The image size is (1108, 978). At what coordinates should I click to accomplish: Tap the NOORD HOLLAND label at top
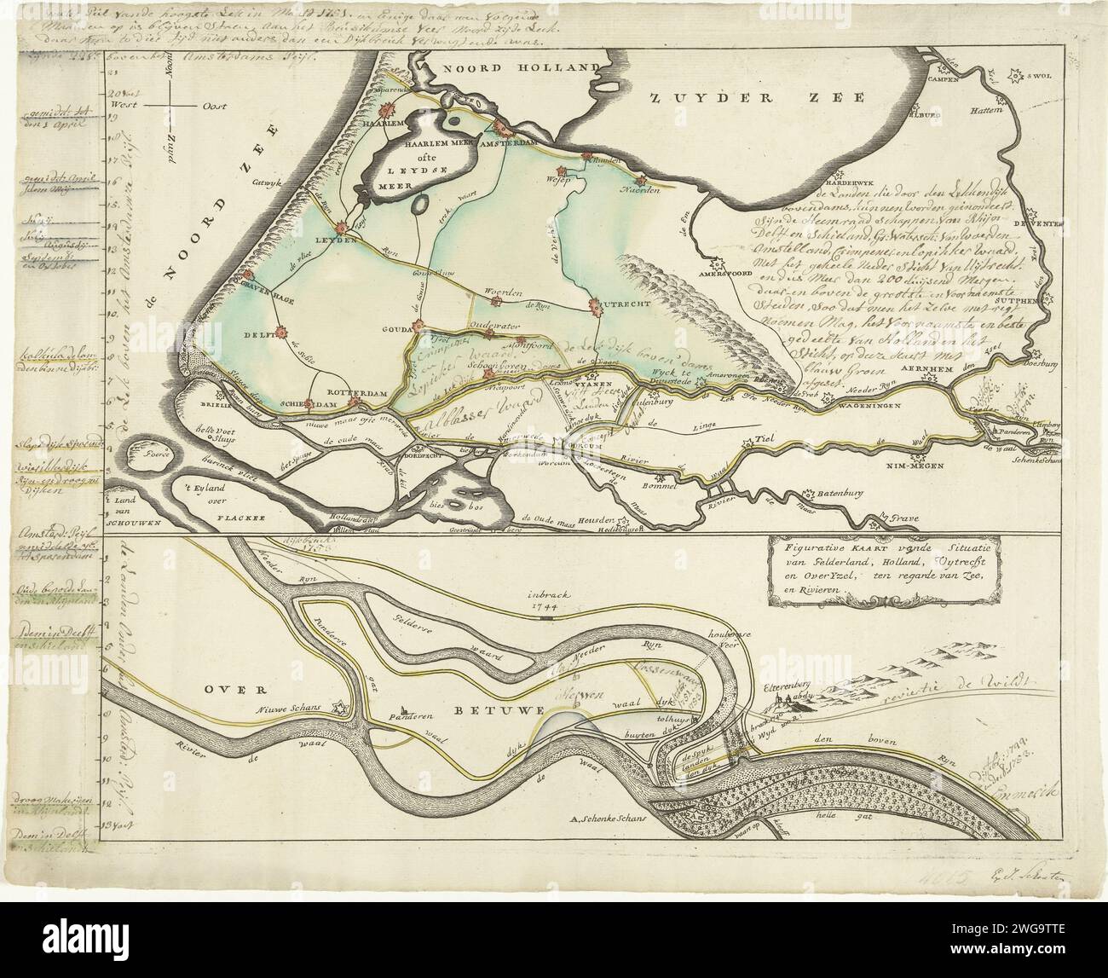coord(508,69)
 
